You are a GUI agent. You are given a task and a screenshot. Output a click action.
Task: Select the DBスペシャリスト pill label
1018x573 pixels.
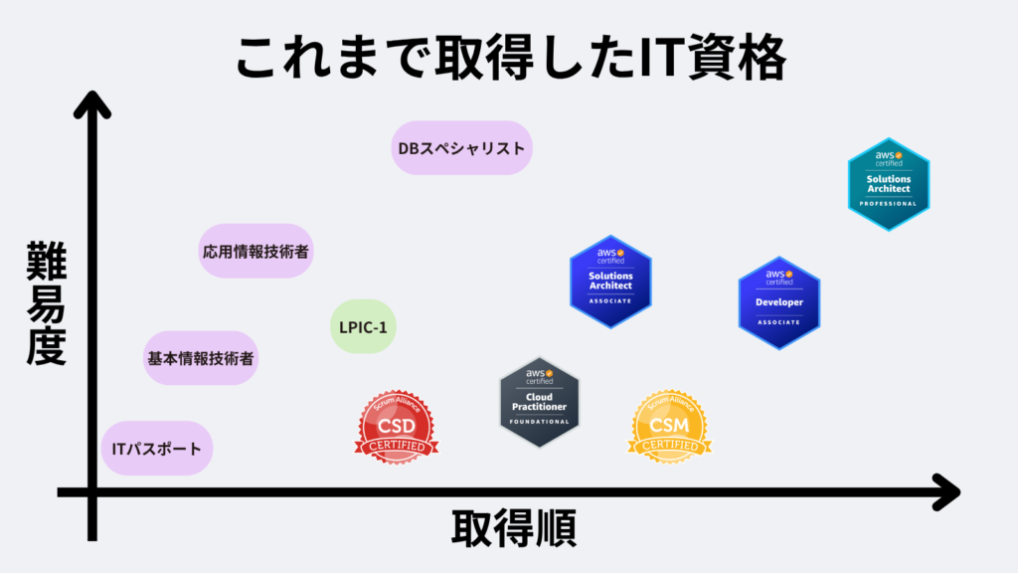(461, 148)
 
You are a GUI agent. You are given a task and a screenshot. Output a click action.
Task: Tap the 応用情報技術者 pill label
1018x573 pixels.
(256, 251)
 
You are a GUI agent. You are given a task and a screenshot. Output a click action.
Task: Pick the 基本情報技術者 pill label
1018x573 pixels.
(201, 358)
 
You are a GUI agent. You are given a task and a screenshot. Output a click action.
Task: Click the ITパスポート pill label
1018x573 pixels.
(157, 449)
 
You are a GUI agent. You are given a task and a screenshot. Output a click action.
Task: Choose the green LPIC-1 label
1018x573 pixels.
(363, 326)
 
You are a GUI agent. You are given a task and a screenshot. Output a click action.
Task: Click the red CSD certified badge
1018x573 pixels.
(397, 428)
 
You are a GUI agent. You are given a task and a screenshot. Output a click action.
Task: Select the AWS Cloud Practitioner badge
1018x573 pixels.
(540, 402)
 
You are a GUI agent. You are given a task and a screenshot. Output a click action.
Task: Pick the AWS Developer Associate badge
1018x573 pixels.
(779, 302)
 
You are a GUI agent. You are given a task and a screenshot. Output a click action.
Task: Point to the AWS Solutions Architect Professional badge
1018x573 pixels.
(888, 184)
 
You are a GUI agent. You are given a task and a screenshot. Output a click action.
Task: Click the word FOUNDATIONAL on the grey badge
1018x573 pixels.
(540, 422)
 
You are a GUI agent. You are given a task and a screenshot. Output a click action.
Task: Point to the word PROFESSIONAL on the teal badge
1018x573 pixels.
(888, 204)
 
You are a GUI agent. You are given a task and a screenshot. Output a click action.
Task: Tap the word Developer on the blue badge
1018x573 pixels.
(779, 302)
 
